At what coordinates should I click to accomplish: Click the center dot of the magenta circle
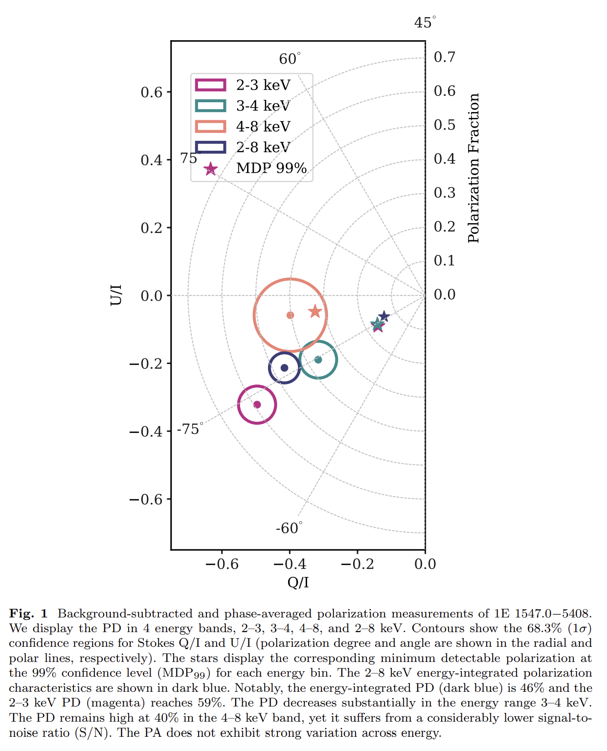257,405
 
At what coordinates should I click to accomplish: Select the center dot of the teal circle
318,360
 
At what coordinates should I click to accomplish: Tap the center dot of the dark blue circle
284,368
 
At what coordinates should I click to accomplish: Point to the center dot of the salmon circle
290,315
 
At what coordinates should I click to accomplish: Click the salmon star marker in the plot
315,311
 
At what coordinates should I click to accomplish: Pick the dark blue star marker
384,316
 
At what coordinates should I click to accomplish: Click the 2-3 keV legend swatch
210,85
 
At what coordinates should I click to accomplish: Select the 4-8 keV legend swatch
210,127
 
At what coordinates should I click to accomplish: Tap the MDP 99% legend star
210,169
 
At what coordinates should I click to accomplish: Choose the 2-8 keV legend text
263,147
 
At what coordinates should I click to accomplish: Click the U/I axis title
116,295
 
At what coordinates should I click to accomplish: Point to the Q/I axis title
298,582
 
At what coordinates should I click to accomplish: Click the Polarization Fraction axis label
473,168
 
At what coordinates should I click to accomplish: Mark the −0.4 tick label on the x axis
290,564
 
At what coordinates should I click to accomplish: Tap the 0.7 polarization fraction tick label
445,57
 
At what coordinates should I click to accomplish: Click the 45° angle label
425,23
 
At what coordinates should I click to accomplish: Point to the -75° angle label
190,429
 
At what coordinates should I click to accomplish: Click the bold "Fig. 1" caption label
28,614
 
